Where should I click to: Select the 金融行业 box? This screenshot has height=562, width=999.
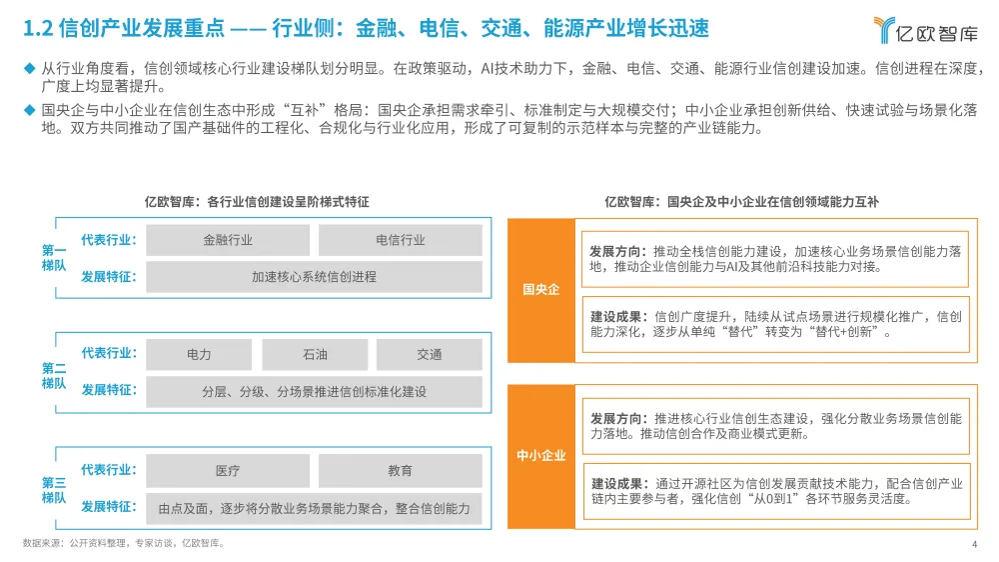pyautogui.click(x=228, y=240)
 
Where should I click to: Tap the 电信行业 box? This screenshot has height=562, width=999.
pyautogui.click(x=400, y=240)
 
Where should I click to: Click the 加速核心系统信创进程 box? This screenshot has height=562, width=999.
pyautogui.click(x=314, y=277)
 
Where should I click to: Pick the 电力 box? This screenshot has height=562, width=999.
pyautogui.click(x=199, y=355)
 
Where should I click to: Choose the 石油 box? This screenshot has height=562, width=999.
pyautogui.click(x=314, y=355)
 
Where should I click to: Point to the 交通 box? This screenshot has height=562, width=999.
pyautogui.click(x=430, y=355)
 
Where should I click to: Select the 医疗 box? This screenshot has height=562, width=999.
pyautogui.click(x=228, y=470)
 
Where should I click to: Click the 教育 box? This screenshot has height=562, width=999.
pyautogui.click(x=400, y=470)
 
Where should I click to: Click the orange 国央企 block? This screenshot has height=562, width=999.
pyautogui.click(x=541, y=290)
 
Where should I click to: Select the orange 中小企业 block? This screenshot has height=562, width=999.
pyautogui.click(x=541, y=456)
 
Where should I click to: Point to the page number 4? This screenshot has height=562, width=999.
pyautogui.click(x=973, y=545)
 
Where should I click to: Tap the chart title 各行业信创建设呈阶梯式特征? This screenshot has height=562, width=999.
pyautogui.click(x=257, y=202)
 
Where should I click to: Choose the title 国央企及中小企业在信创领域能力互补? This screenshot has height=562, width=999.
pyautogui.click(x=741, y=202)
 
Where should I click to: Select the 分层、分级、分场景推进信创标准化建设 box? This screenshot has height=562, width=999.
pyautogui.click(x=314, y=392)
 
